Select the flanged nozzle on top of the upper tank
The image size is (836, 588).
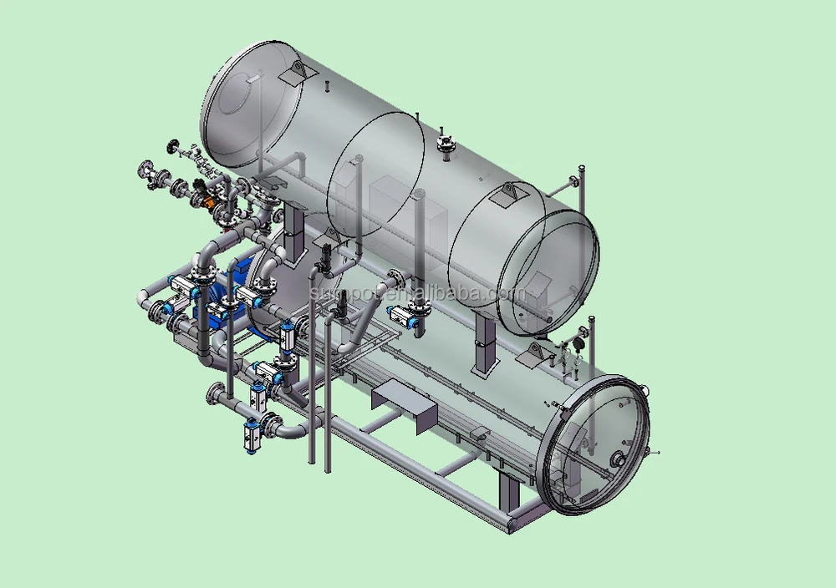coord(445,144)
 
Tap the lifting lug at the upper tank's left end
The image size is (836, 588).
coord(293,73)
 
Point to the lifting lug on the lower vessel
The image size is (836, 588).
coord(533,357)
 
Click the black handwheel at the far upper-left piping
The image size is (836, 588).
coord(174,148)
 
